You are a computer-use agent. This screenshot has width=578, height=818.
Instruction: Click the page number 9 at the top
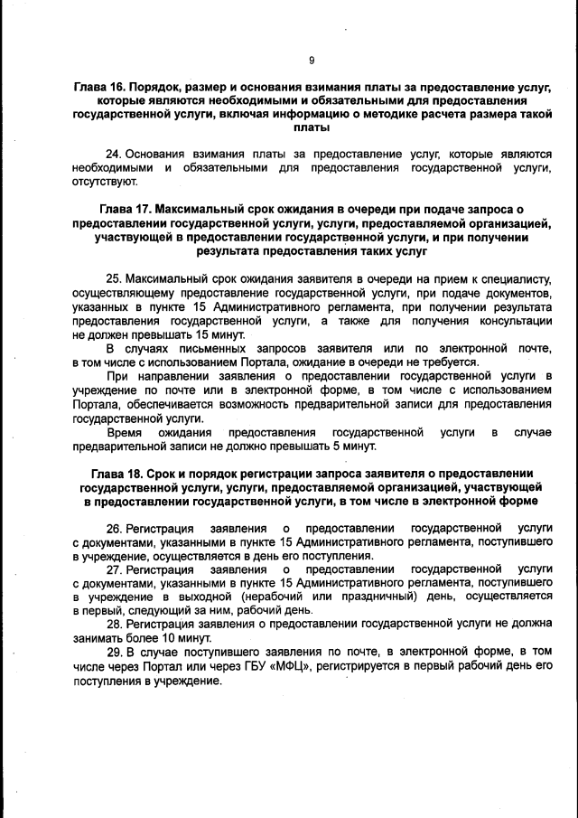(x=311, y=61)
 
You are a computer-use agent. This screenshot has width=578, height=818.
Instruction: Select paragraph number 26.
(x=114, y=527)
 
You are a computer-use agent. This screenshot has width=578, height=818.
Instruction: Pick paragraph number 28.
(x=114, y=625)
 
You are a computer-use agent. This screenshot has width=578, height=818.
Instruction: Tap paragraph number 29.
(x=114, y=653)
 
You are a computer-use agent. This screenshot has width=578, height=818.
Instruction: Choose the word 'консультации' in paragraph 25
(x=516, y=320)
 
